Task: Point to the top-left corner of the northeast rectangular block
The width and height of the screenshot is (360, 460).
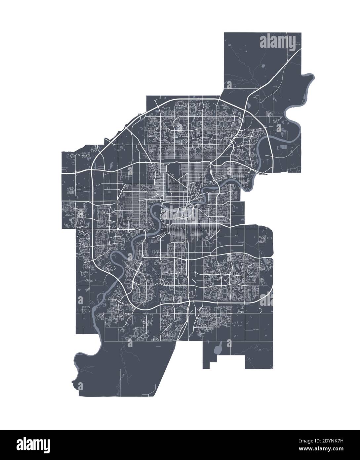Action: (x=224, y=33)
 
